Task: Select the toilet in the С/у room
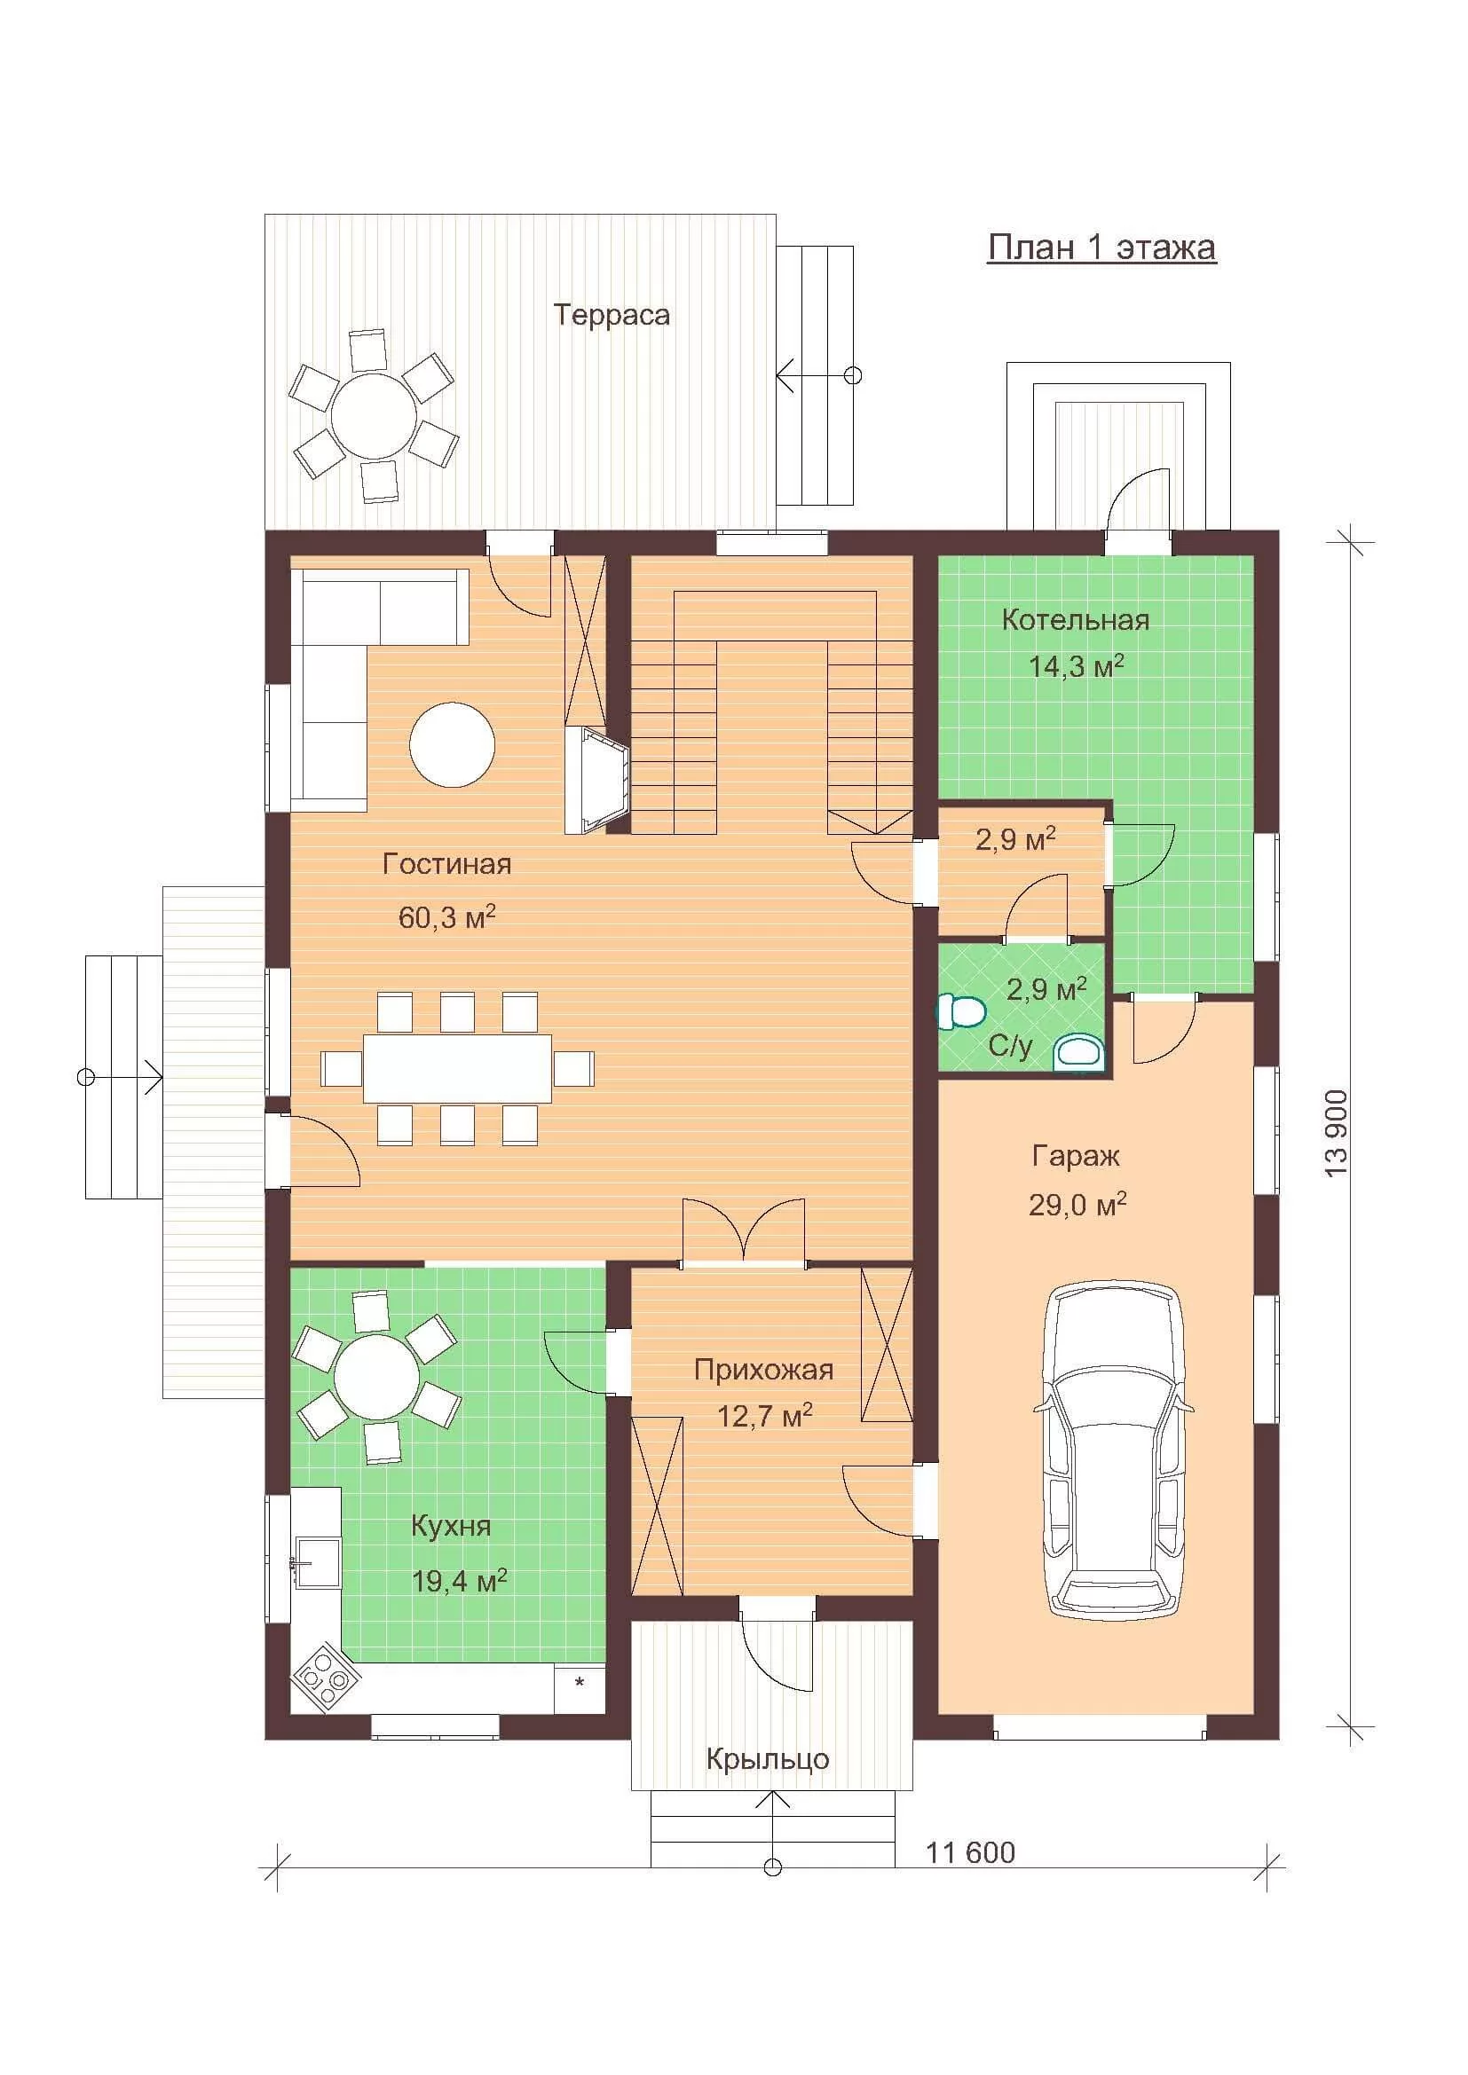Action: pos(960,1011)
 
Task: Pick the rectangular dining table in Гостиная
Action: pos(457,1068)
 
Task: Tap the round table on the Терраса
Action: pos(374,417)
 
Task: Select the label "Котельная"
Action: pos(1076,620)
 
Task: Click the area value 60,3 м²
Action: pos(446,917)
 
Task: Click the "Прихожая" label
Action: pos(763,1369)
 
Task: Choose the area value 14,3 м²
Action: pos(1076,666)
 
